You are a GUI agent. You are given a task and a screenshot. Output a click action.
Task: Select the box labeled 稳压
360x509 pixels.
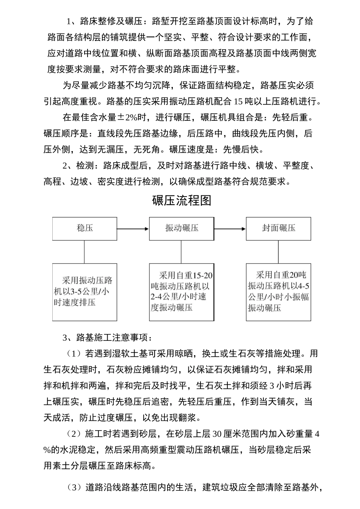(x=85, y=228)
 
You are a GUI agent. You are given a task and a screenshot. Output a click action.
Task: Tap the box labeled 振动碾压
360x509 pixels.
(x=182, y=228)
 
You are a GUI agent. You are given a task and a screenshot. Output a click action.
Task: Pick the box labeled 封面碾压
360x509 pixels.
(x=279, y=228)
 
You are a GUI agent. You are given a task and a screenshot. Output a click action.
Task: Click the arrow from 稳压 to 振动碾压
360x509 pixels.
(x=133, y=229)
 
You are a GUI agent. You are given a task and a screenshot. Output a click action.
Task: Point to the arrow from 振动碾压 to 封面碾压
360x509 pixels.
(x=230, y=229)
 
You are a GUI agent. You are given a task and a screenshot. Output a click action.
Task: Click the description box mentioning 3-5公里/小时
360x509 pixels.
(x=85, y=292)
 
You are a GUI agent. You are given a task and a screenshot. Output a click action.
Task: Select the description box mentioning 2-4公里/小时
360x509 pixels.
(x=182, y=292)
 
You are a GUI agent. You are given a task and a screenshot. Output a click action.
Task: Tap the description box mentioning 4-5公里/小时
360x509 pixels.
(x=279, y=292)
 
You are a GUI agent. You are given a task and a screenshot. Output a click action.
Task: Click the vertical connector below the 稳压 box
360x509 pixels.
(x=85, y=252)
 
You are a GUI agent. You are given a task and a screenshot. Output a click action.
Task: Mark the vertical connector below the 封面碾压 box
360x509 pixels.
(x=279, y=252)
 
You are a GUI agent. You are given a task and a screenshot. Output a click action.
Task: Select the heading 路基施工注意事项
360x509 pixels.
(x=114, y=337)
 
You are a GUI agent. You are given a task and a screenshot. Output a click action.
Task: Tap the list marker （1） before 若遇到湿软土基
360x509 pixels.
(x=74, y=354)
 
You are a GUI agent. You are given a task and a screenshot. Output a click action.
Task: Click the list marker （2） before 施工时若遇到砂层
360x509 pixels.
(x=74, y=434)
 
